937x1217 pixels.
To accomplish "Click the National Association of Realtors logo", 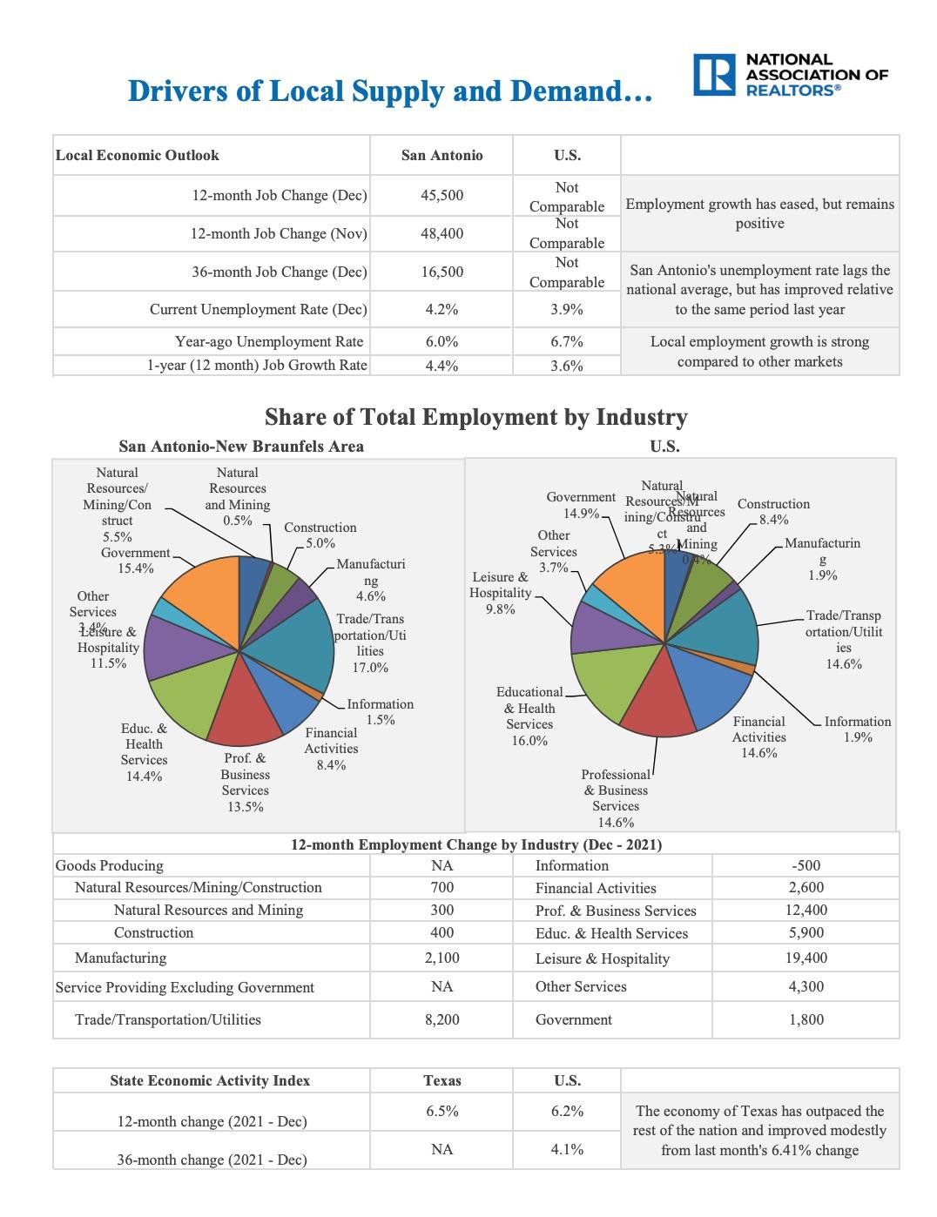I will point(790,75).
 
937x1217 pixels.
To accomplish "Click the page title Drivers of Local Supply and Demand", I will point(389,91).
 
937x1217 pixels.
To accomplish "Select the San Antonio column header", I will point(442,155).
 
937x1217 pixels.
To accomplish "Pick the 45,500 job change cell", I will point(442,195).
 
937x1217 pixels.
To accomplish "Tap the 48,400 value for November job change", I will point(442,233).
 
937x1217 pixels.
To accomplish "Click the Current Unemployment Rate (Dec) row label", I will point(258,309).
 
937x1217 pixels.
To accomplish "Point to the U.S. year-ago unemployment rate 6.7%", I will point(566,341).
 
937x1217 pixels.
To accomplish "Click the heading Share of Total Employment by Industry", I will point(475,417).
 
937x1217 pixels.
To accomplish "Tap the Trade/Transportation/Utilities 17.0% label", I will point(370,642).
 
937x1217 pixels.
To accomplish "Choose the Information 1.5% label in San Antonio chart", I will point(380,711).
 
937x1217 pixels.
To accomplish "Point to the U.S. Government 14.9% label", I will point(580,505).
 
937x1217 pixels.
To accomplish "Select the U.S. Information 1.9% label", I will point(857,729).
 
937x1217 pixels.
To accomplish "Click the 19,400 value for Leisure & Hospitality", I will point(806,958).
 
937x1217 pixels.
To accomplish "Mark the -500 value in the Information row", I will point(806,865).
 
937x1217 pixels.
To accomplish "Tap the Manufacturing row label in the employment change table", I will point(120,958).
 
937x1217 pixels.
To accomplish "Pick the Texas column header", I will point(442,1080).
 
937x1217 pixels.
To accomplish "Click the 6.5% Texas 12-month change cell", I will point(442,1111).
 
